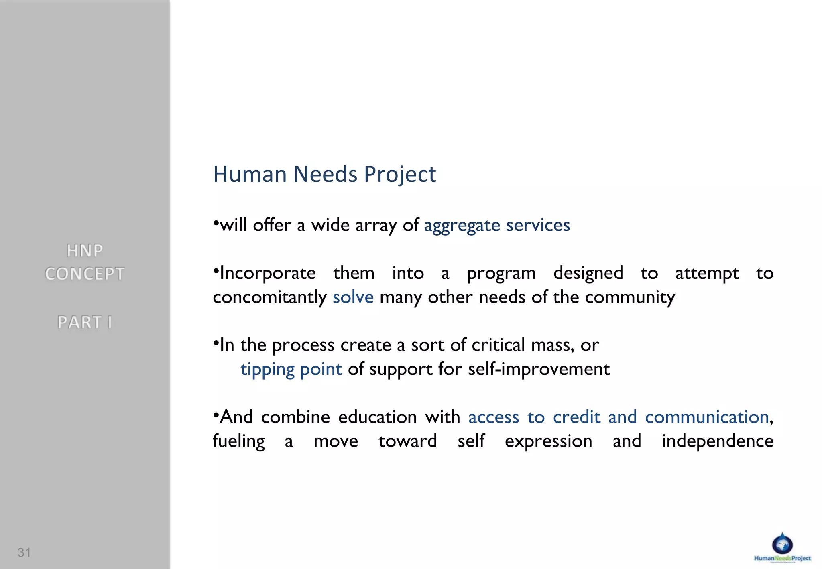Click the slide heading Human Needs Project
[324, 175]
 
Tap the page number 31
[24, 553]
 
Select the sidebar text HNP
[85, 251]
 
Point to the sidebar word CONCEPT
[85, 274]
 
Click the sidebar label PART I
[85, 322]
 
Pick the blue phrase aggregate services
[497, 226]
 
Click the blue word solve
[353, 297]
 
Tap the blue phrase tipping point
[291, 369]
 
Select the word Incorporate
[268, 274]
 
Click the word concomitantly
[270, 297]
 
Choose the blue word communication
[707, 417]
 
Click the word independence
[717, 441]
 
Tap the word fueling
[239, 441]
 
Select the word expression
[548, 441]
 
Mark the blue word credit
[576, 417]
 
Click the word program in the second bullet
[501, 274]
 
